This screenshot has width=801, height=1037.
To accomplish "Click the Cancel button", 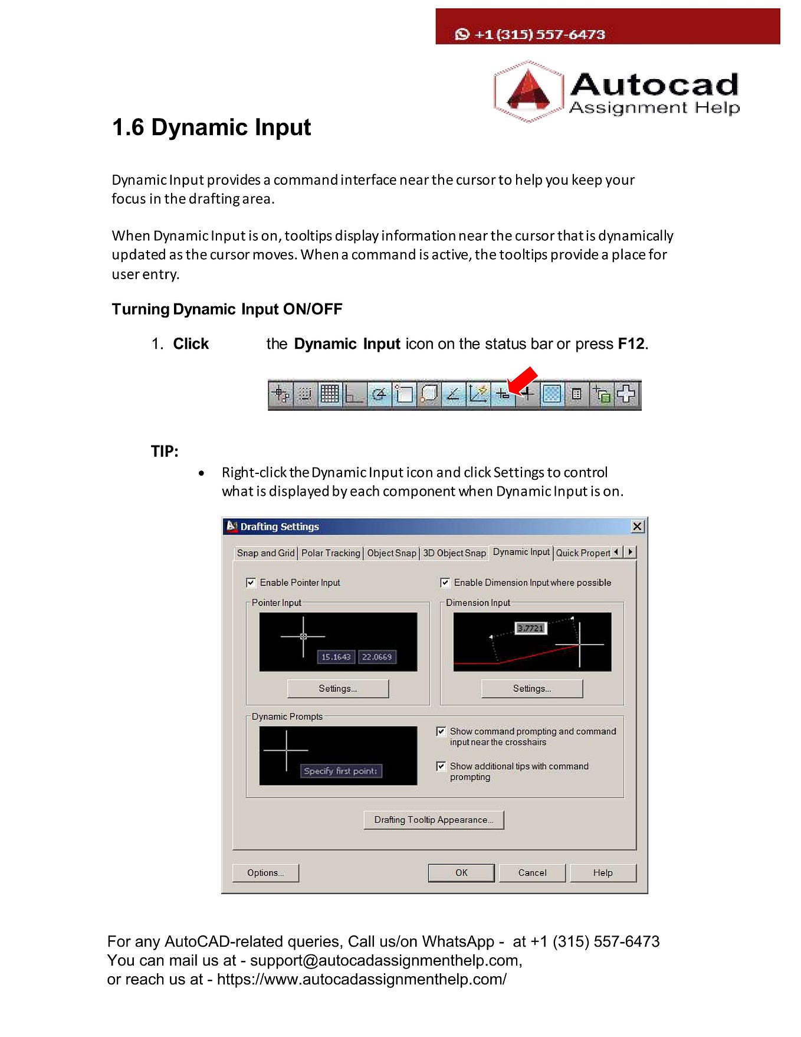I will coord(532,872).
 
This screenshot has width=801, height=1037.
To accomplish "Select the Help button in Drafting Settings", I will coord(602,872).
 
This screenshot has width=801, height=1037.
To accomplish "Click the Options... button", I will coord(265,872).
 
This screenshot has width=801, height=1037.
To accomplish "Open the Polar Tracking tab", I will coord(330,553).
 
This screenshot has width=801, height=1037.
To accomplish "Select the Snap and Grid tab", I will coord(265,553).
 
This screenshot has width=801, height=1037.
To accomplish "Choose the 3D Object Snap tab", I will coord(454,553).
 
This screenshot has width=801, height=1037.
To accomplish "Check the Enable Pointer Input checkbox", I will coord(251,583).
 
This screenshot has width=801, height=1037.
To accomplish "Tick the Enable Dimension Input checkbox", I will coord(445,583).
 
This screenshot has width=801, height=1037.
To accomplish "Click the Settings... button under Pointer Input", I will coord(338,688).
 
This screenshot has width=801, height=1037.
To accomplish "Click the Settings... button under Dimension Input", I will coord(532,688).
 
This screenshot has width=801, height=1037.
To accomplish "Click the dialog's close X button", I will coord(638,526).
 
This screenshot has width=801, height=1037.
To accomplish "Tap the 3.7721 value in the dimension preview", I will coord(530,628).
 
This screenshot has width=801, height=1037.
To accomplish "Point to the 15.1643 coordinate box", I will coord(336,657).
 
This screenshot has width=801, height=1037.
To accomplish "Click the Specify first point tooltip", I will coord(340,771).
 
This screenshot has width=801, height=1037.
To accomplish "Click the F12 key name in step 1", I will coord(631,344).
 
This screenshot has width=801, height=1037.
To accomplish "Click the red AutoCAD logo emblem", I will coord(528,91).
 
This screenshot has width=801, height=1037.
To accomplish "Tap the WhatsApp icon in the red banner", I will coord(462,34).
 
